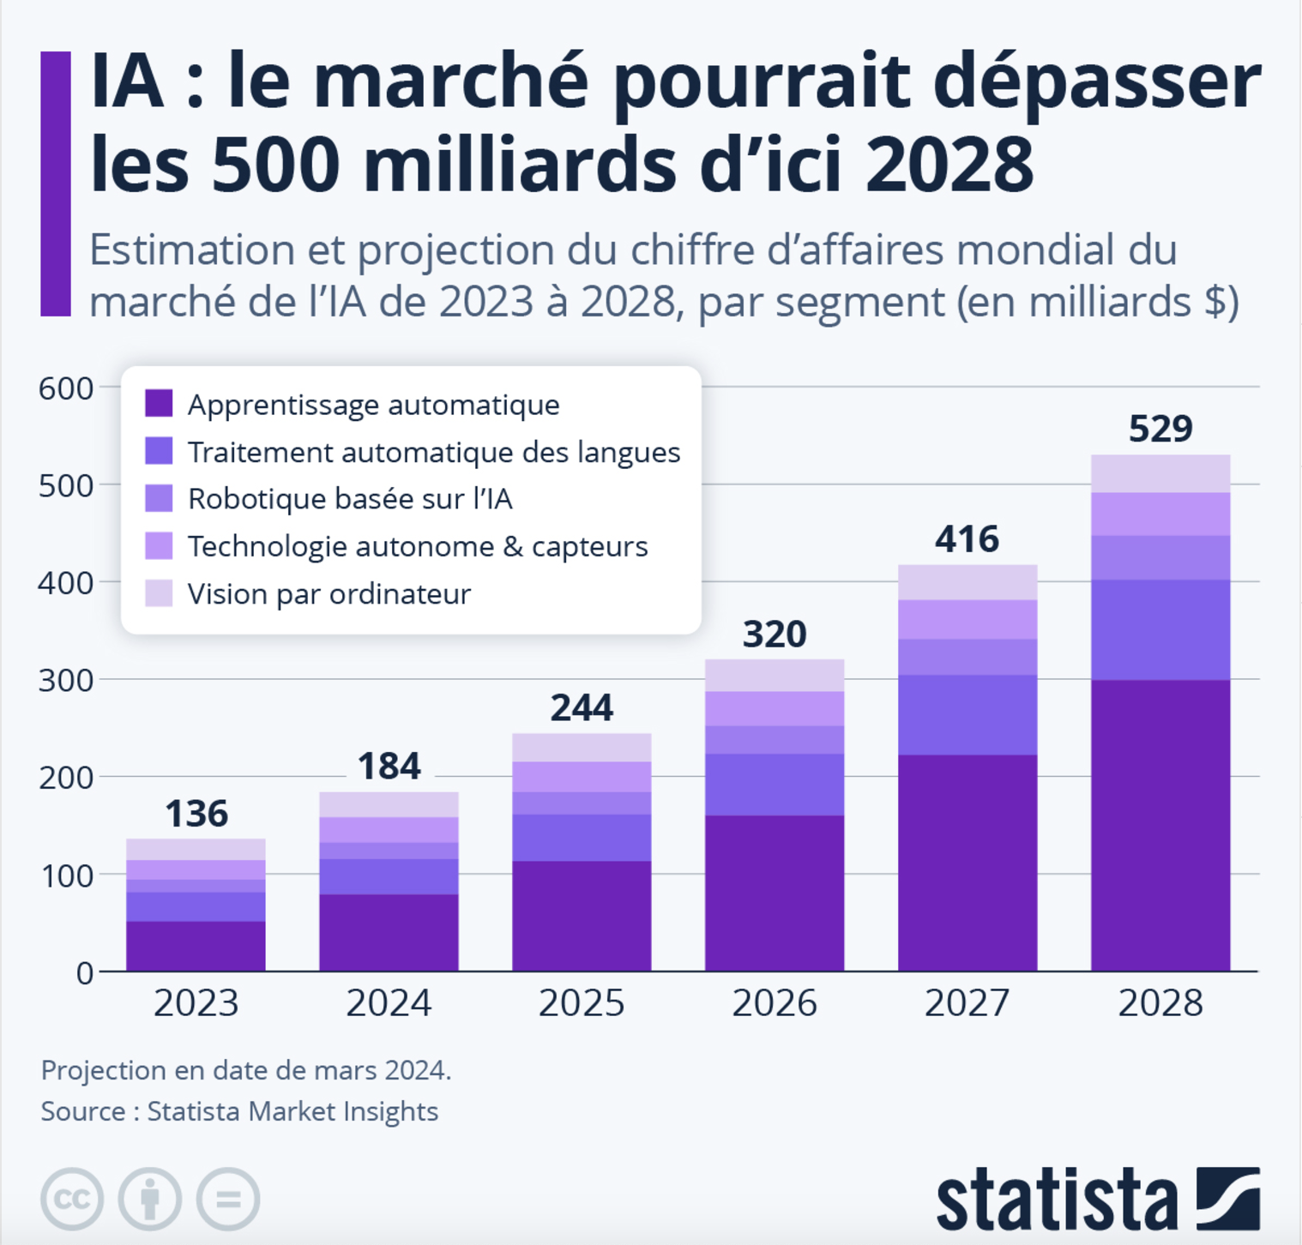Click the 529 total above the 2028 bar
coord(1160,428)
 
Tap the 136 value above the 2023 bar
coord(196,814)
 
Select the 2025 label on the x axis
coord(582,1002)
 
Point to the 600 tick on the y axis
coord(66,388)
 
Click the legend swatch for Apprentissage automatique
coord(159,403)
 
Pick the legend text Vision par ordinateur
coord(329,593)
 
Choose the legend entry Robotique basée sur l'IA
coord(350,498)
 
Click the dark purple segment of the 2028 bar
coord(1160,825)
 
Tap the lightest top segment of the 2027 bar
coord(967,582)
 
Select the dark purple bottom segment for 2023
coord(196,946)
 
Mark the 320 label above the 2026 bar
coord(775,635)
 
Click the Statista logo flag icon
coord(1228,1198)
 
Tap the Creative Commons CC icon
coord(72,1198)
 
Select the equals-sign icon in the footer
coord(228,1198)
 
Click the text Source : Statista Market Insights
coord(239,1111)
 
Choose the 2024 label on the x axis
coord(389,1002)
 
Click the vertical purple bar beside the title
coord(56,183)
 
